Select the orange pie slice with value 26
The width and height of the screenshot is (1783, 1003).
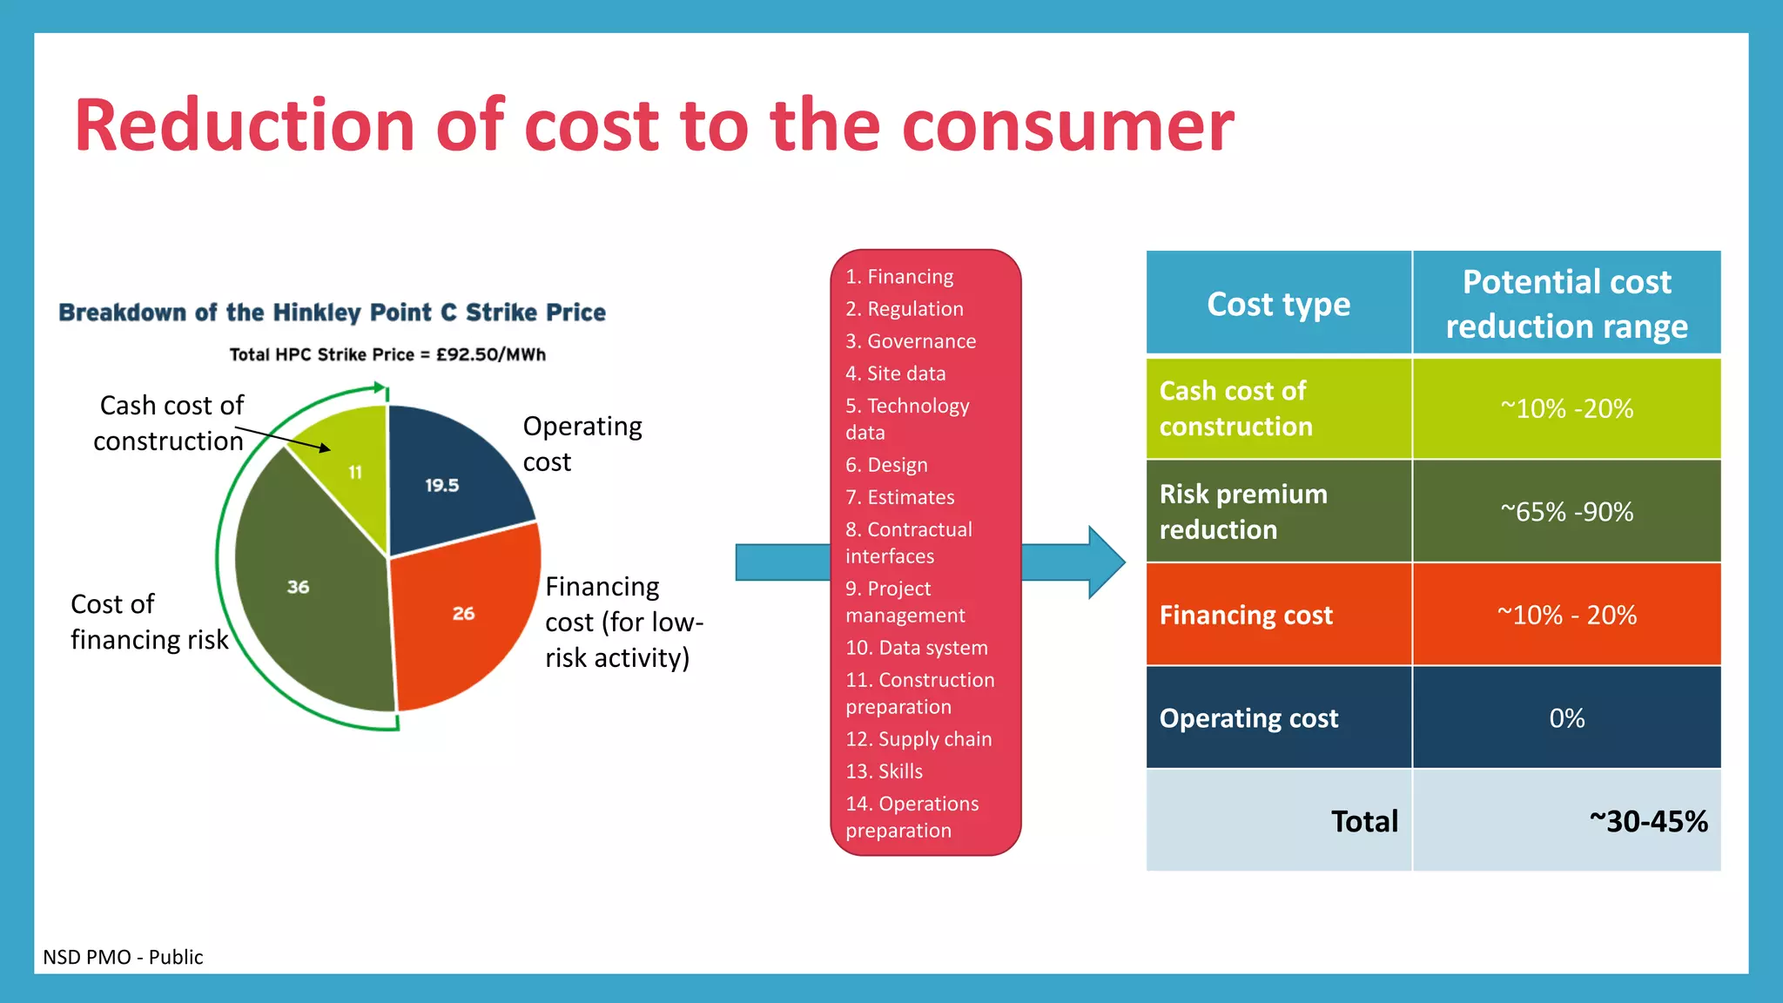(461, 618)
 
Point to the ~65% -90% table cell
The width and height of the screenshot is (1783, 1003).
(1566, 512)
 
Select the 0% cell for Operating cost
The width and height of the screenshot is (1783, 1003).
(1566, 718)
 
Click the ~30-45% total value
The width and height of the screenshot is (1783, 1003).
(1647, 821)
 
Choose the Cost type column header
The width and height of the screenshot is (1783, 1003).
(1278, 304)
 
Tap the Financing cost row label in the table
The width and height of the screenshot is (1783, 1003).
(1246, 616)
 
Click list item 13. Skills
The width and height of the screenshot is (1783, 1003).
(884, 771)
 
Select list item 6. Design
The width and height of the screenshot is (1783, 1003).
(886, 465)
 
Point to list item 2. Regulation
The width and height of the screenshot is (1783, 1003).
(905, 309)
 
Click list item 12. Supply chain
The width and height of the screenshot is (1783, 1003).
(918, 739)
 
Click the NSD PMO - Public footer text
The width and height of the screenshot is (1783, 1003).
(123, 957)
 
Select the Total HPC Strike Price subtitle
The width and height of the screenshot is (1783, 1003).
(387, 354)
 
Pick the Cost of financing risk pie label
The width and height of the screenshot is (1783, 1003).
(148, 622)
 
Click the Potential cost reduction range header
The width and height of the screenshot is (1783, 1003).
(1566, 304)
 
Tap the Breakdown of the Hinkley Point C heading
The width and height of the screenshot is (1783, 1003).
(332, 313)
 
